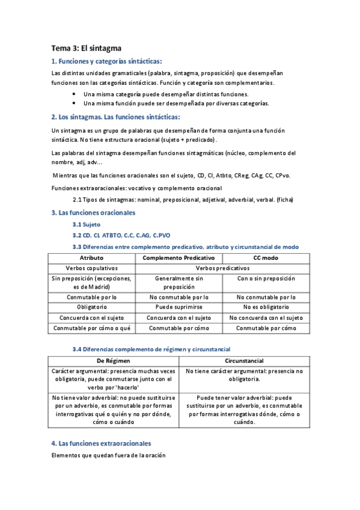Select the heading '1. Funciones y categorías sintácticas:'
[107, 61]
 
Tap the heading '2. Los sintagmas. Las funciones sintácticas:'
[116, 117]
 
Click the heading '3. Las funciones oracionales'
[94, 212]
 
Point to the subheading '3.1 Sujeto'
[87, 224]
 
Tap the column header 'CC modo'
[266, 257]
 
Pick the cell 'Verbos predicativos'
[222, 268]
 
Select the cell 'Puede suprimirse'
[178, 307]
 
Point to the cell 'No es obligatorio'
[266, 307]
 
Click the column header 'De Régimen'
[113, 360]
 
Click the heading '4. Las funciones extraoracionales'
[102, 443]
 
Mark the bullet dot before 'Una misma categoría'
[73, 94]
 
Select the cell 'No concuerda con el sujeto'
[266, 318]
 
